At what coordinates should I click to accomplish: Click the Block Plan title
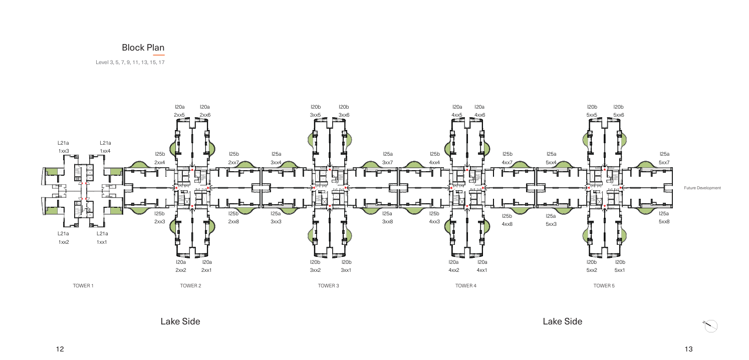143,48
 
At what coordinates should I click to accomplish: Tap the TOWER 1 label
83,286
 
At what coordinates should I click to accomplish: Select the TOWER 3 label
328,286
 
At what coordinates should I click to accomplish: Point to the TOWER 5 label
604,286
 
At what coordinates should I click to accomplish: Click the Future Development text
702,188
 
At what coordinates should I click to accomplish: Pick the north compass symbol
710,325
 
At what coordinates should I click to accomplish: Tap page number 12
60,349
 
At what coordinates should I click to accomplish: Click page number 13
688,349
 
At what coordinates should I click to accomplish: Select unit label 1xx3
64,151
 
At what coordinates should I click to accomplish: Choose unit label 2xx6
205,115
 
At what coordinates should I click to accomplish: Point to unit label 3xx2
315,270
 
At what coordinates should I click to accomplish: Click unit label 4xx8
507,224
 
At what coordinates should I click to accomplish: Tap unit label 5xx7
664,162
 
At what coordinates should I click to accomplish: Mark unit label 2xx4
159,162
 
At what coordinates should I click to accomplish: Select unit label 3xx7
388,162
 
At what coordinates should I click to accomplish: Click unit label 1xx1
102,242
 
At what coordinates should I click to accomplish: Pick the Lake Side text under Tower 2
180,321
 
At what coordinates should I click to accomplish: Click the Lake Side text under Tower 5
563,321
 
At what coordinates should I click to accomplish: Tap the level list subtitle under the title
130,62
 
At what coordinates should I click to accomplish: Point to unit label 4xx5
457,115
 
